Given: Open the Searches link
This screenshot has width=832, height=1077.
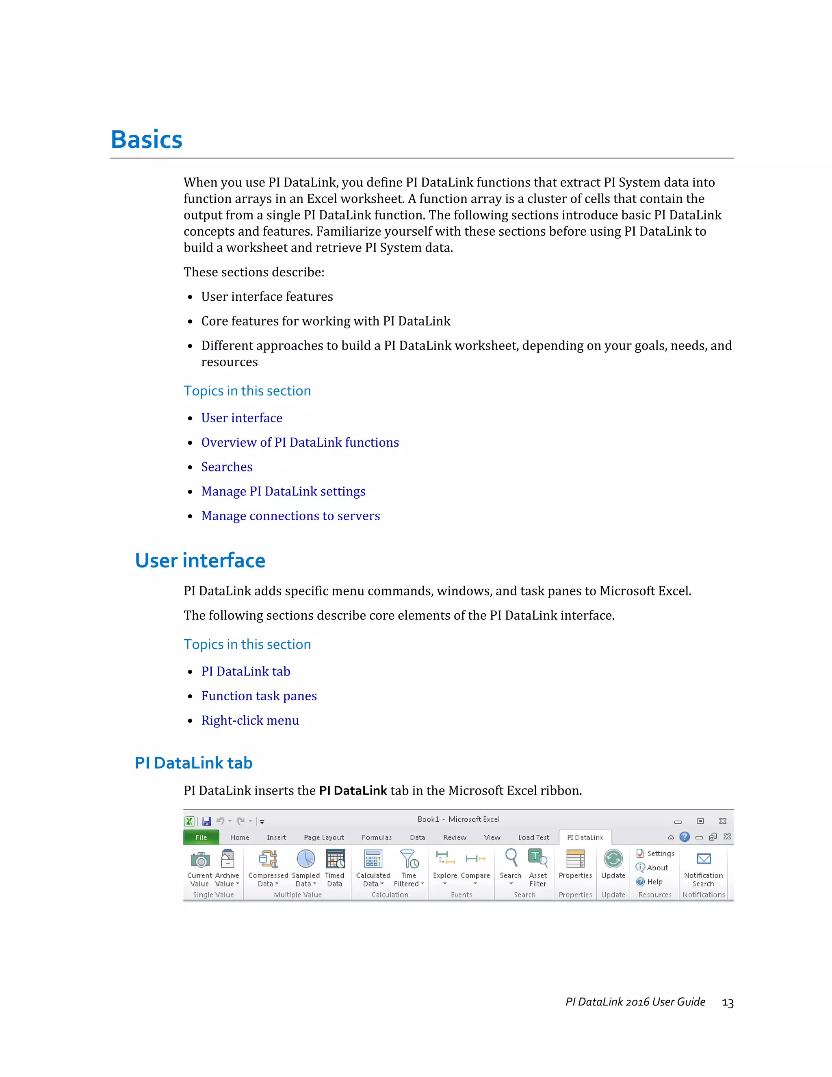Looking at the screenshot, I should coord(226,467).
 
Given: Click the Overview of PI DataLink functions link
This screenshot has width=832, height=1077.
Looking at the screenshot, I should coord(300,442).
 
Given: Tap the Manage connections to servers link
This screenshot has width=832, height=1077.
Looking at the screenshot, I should coord(290,516).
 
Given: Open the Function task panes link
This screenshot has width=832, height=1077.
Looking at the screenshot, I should coord(259,696).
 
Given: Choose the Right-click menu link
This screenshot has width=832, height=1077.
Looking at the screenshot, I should coord(250,721).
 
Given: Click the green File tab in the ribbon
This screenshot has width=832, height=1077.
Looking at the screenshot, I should coord(201,837).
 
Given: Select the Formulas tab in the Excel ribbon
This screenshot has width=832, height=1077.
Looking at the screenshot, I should coord(377,837).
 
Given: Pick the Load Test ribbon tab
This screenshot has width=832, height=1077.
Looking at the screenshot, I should coord(533,837).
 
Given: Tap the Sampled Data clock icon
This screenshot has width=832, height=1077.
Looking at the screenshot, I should coord(305,859).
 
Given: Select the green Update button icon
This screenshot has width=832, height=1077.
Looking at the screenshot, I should coord(613,859).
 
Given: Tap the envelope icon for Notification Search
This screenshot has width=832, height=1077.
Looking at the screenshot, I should coord(703,859).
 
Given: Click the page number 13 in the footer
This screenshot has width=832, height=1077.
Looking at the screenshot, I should coord(728,1003).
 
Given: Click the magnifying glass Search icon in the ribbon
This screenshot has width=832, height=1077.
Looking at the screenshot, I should coord(511,858).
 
